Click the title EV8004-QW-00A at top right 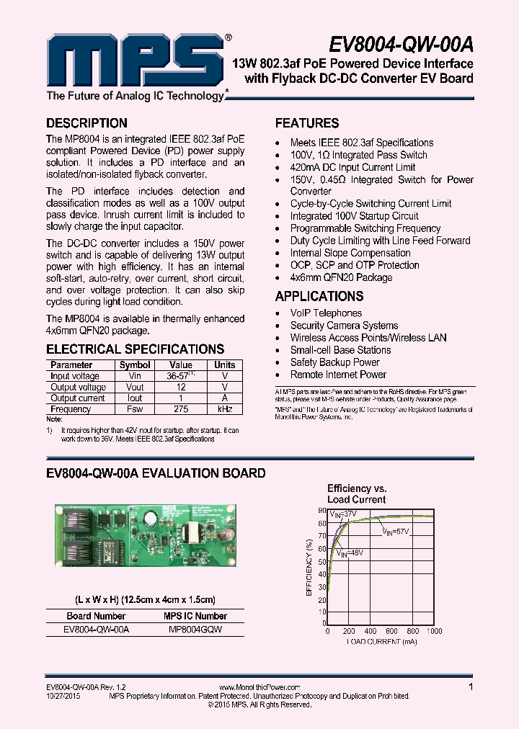(x=402, y=45)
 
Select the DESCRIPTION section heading (x=86, y=123)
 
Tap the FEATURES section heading (x=307, y=123)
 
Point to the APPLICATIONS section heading (x=319, y=296)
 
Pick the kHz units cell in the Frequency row (x=225, y=409)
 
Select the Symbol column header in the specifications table (x=135, y=365)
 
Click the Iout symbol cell (x=135, y=398)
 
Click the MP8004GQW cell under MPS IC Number (x=195, y=630)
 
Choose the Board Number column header (x=96, y=617)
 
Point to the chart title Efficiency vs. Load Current (x=357, y=493)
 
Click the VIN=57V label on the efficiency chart (x=396, y=532)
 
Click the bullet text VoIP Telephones (x=326, y=313)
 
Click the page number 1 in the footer (x=471, y=687)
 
